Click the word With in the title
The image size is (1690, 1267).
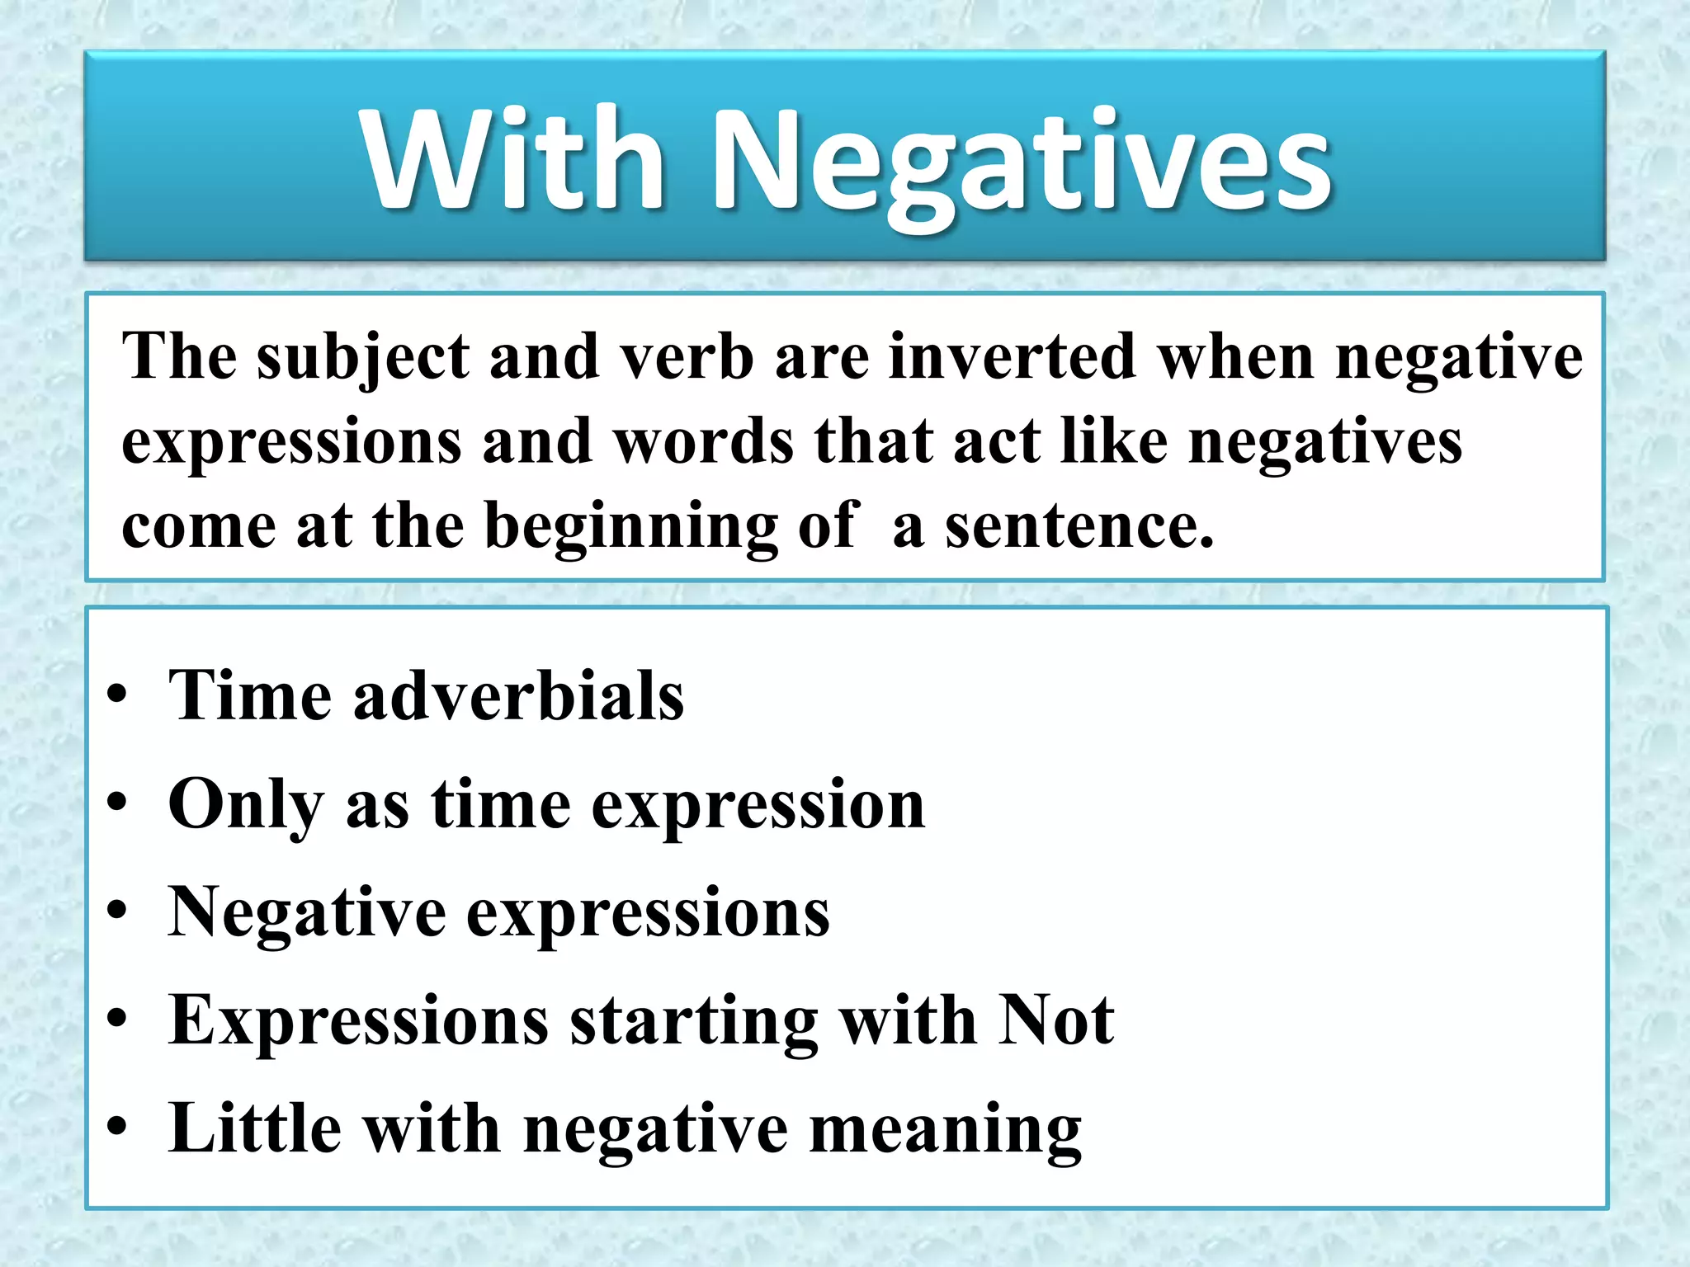[513, 158]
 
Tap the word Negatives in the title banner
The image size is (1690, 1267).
[1021, 165]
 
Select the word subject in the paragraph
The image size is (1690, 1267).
[362, 358]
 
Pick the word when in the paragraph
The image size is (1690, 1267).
[1236, 356]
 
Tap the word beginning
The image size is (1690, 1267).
[630, 528]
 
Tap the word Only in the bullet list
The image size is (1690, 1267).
[246, 805]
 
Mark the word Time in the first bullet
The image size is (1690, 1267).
[249, 695]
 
